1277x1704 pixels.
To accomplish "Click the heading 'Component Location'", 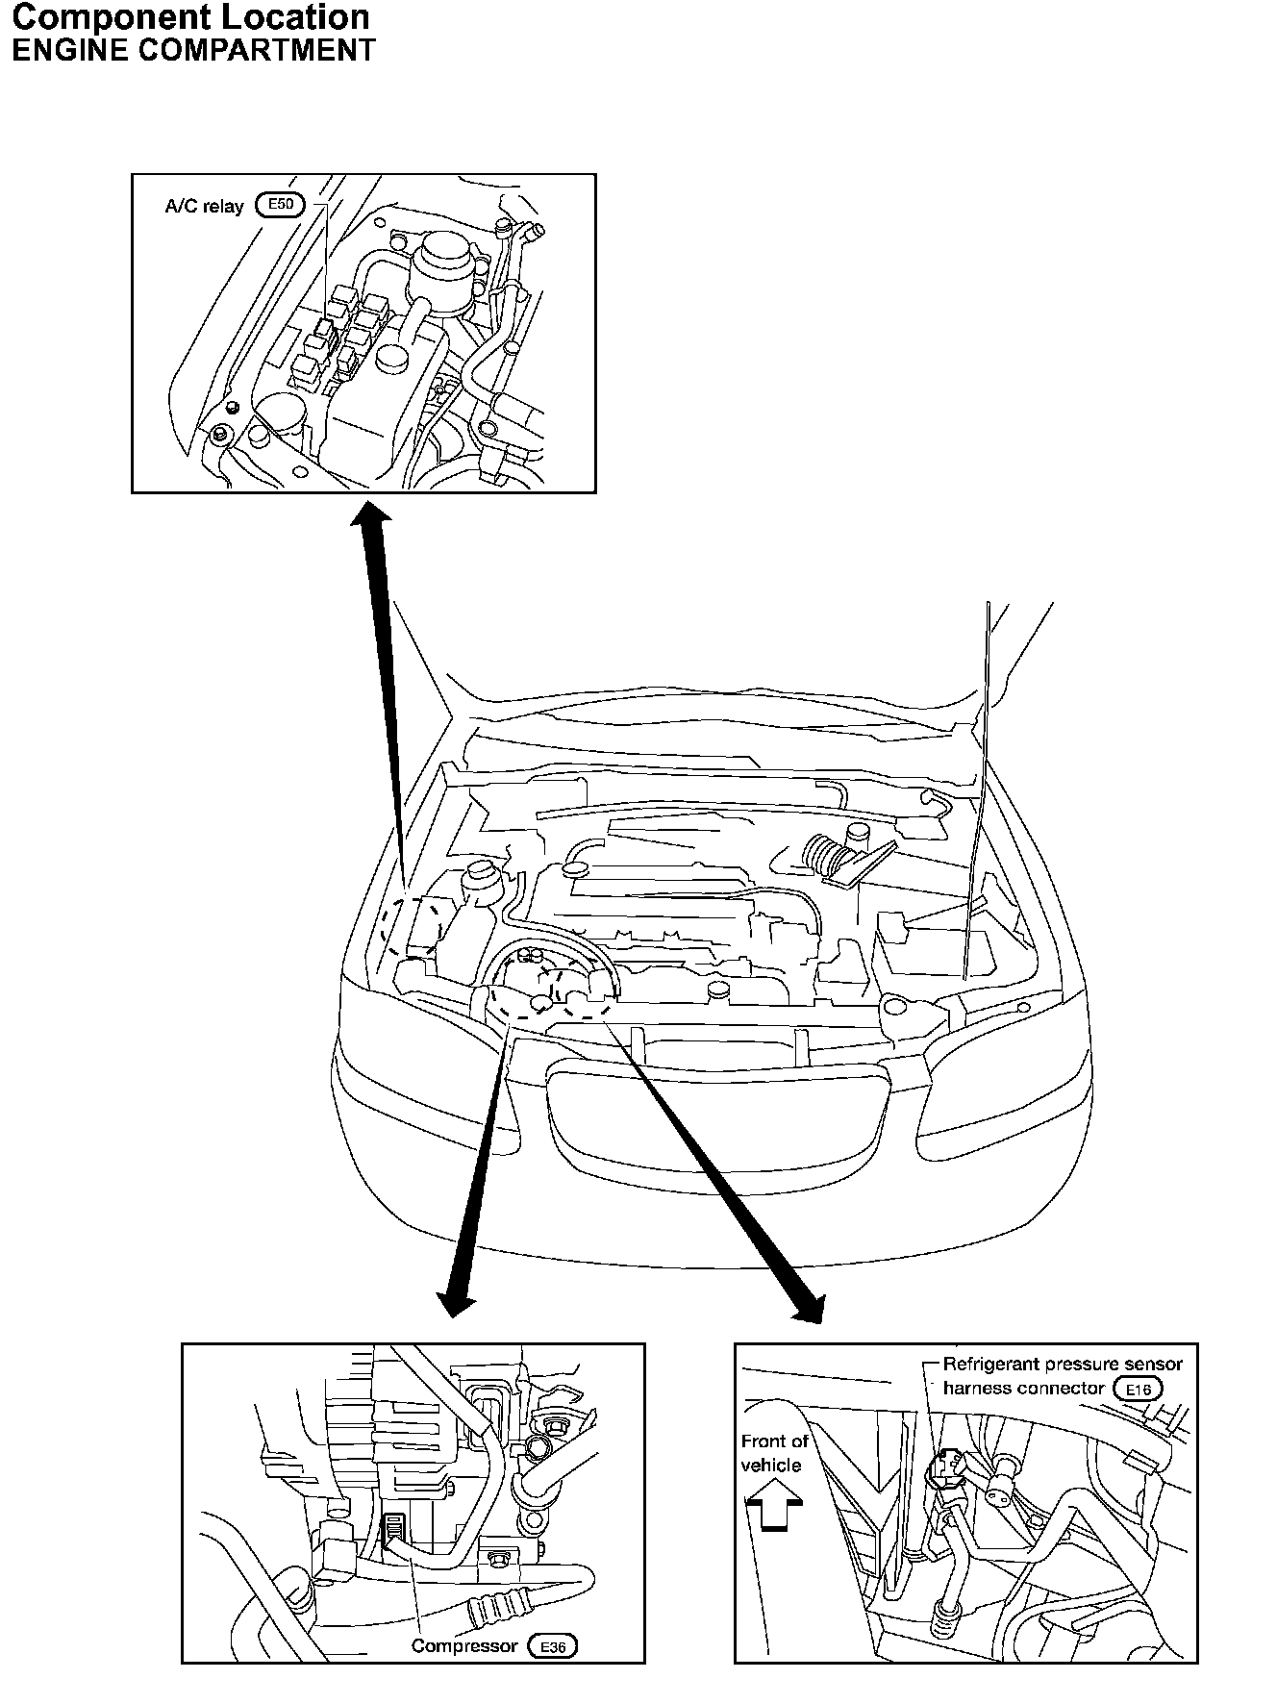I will (x=189, y=18).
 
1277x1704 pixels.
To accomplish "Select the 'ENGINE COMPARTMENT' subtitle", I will (x=192, y=50).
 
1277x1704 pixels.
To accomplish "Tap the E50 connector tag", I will (x=280, y=205).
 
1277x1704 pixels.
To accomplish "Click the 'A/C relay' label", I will (x=205, y=206).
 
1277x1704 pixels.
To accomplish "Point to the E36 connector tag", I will (x=553, y=1646).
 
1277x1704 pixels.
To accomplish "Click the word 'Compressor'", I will (x=464, y=1645).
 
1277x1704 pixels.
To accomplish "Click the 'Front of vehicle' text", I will (x=774, y=1453).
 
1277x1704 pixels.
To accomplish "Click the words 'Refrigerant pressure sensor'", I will (x=1063, y=1364).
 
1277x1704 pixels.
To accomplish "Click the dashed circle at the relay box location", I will (x=412, y=926).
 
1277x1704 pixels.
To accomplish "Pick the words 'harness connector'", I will (x=1023, y=1389).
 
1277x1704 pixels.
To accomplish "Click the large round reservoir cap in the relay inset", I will (x=443, y=254).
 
